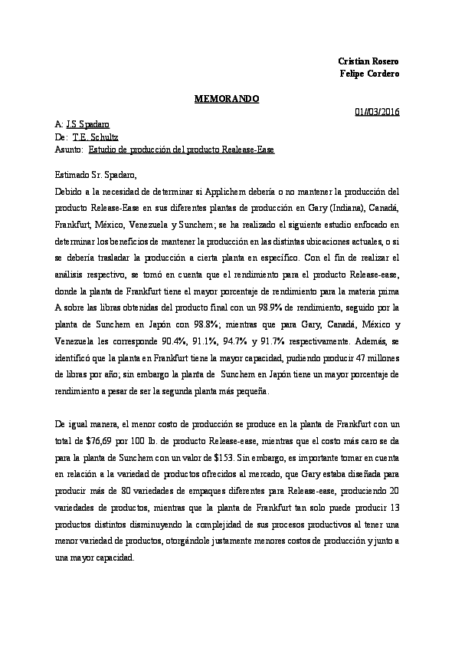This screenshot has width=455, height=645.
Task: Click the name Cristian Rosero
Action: (368, 61)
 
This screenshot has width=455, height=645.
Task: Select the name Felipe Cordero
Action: (369, 73)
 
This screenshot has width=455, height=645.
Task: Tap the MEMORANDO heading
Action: (227, 99)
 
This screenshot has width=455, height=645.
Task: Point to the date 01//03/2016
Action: (377, 112)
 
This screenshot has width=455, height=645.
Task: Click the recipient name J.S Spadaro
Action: (87, 123)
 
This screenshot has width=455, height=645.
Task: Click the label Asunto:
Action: (70, 149)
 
